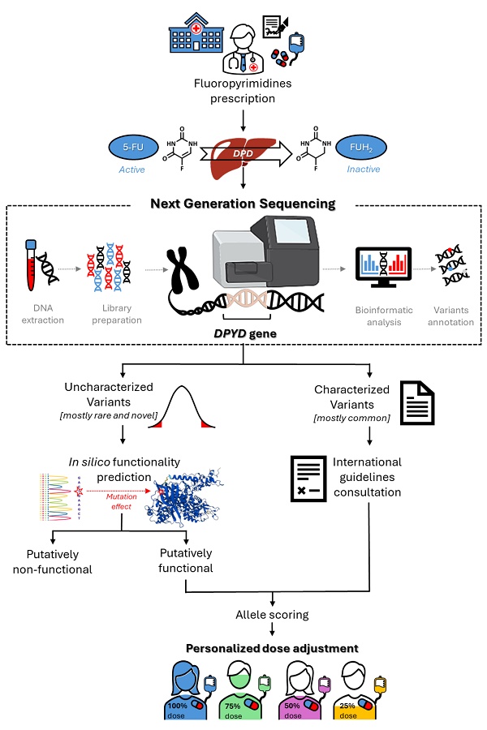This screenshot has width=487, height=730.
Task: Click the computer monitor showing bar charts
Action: click(384, 269)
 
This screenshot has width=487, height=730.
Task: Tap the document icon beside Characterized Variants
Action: click(417, 397)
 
